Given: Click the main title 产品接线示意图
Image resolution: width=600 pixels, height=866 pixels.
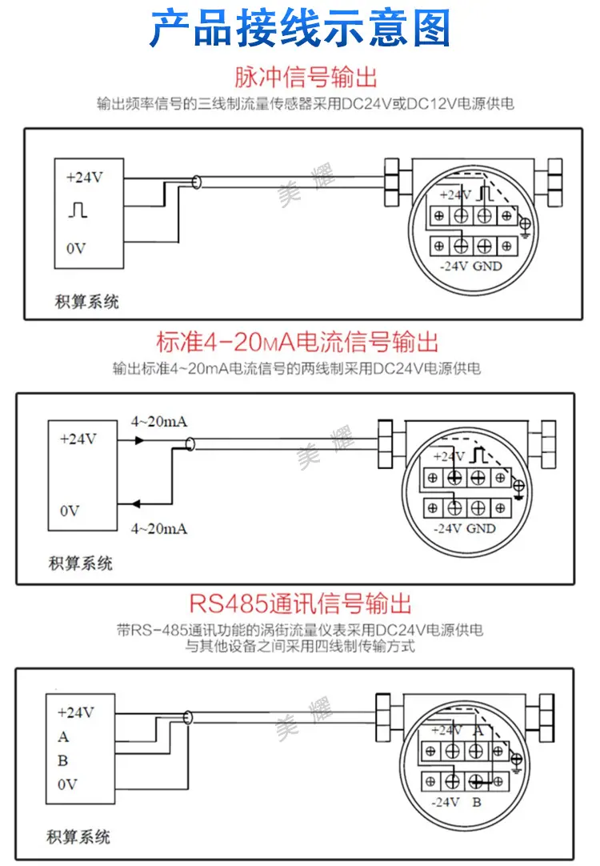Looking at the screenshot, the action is tap(300, 28).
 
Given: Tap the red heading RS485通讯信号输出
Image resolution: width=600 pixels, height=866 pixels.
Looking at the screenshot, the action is tap(300, 603).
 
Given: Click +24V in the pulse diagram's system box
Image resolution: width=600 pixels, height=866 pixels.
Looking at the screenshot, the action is tap(85, 178).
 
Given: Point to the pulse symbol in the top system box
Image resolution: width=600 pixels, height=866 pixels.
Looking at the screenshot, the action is tap(78, 210).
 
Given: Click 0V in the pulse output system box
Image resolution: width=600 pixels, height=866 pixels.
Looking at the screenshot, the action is tap(76, 249).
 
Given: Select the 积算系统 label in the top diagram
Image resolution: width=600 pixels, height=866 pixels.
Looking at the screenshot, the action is tap(86, 301).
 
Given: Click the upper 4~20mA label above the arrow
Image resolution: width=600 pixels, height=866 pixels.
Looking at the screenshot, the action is tap(159, 422).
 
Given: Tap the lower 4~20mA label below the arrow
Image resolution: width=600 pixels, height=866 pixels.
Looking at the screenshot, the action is tap(159, 528).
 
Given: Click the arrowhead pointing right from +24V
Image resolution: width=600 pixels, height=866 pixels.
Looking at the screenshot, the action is tap(140, 440).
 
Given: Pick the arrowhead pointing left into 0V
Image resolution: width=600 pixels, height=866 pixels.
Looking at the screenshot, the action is tap(136, 503).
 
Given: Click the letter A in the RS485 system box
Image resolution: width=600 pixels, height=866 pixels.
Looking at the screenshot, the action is tap(63, 737).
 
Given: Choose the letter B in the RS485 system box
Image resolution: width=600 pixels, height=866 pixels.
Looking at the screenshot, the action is tap(63, 760).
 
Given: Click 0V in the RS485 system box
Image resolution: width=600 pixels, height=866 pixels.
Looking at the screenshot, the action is tap(67, 784).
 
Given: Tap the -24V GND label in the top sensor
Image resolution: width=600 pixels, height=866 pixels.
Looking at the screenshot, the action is tap(471, 267).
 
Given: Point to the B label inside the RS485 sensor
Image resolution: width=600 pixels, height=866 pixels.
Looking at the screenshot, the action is tap(477, 802).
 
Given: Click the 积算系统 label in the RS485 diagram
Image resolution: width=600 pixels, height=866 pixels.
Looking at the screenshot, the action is tap(78, 836).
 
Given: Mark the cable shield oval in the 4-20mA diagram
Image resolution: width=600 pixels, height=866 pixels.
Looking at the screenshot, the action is tap(191, 443).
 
